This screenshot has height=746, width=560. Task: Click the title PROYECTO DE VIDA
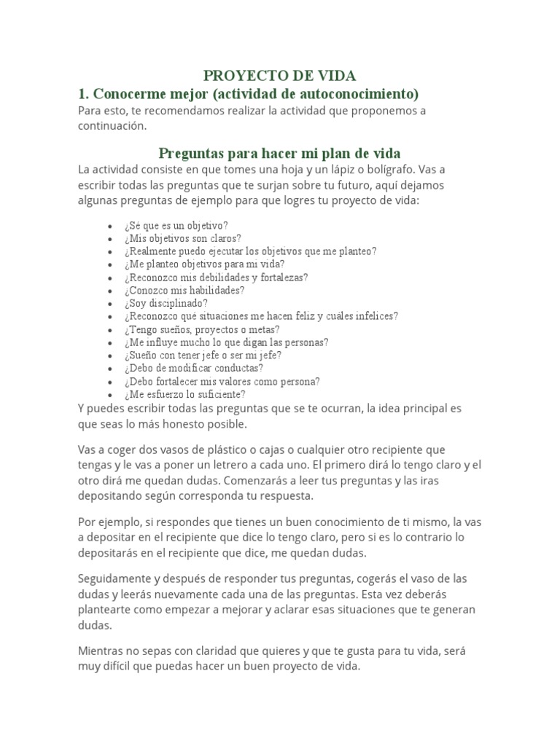279,76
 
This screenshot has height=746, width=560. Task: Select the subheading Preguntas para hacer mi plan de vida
279,153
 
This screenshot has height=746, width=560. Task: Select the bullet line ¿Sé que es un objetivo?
176,225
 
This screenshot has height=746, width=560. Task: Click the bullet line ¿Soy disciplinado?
166,303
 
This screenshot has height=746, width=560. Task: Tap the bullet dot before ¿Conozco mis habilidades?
109,290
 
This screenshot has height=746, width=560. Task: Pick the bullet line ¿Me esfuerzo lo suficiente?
184,394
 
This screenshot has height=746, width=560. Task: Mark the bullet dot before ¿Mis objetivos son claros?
109,238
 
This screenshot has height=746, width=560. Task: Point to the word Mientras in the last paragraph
101,651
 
